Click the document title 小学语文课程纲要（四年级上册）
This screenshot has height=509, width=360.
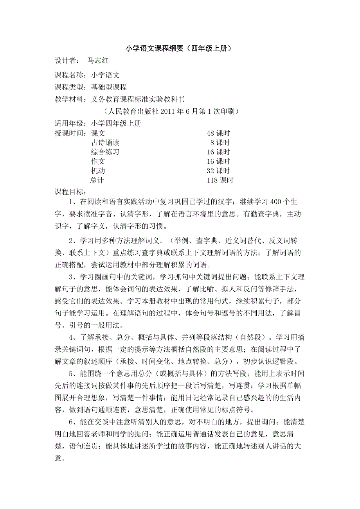(x=180, y=49)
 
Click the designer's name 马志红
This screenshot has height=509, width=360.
(x=97, y=61)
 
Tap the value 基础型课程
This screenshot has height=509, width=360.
(x=109, y=87)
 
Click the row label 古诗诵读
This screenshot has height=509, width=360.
(x=105, y=143)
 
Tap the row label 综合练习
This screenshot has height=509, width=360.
(x=105, y=152)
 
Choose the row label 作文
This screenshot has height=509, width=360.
(x=98, y=161)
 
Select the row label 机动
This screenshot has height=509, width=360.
(x=98, y=171)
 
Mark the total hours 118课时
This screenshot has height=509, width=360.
(x=220, y=180)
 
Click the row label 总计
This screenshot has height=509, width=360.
(x=98, y=180)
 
